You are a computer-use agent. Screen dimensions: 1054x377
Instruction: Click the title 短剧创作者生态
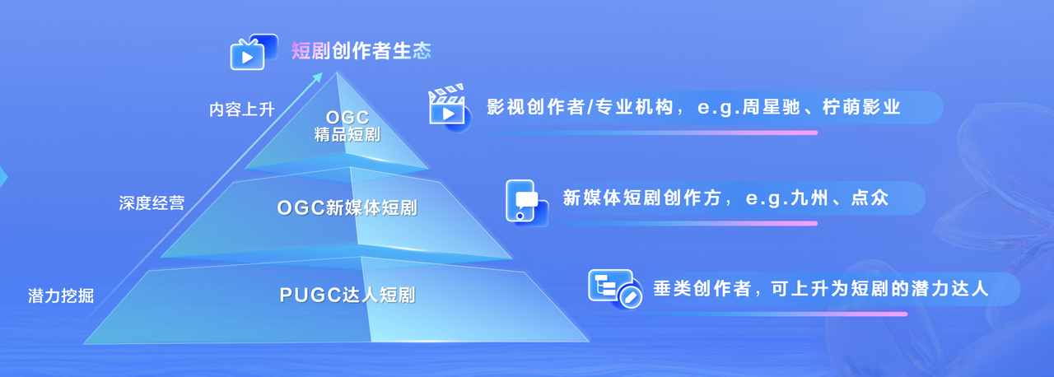click(361, 51)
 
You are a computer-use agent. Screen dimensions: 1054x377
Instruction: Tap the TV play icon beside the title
click(253, 52)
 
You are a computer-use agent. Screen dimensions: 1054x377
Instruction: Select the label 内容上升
click(242, 109)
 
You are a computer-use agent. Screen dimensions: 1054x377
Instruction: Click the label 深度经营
click(152, 203)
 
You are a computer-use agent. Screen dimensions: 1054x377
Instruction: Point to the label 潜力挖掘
click(61, 296)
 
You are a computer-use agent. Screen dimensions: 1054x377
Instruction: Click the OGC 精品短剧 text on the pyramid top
click(347, 126)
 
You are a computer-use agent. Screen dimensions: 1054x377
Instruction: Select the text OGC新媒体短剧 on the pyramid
click(347, 207)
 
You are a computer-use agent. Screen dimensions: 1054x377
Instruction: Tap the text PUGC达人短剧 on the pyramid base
click(347, 296)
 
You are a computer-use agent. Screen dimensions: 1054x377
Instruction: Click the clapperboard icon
click(448, 107)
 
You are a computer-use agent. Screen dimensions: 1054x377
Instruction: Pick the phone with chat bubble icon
click(526, 202)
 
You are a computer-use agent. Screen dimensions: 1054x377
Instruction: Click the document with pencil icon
click(615, 289)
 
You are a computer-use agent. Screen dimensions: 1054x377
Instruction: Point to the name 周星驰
click(772, 107)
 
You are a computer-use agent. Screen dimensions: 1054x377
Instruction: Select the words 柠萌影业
click(861, 107)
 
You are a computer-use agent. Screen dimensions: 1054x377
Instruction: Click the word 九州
click(809, 198)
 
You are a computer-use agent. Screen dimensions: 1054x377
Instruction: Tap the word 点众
click(870, 198)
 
